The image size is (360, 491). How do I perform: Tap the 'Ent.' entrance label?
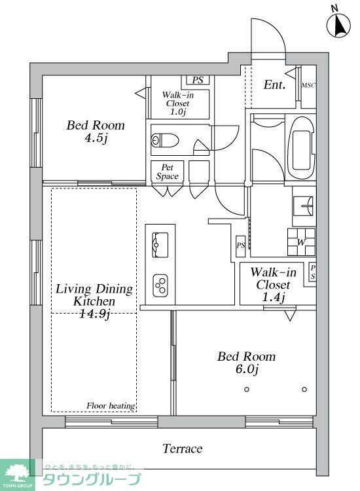[x=274, y=85]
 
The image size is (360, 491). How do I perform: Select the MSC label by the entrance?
[x=308, y=86]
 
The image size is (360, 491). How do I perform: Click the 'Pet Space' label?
[x=167, y=172]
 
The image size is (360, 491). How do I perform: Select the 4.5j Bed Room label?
[x=96, y=132]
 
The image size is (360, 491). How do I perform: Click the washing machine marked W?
[x=301, y=242]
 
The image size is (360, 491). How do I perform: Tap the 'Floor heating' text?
[x=111, y=406]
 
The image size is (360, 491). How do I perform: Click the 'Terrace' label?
[x=182, y=449]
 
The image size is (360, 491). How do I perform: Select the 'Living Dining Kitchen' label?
[x=94, y=301]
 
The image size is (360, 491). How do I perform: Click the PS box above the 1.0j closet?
[x=197, y=81]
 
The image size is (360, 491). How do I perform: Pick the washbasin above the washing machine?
[x=304, y=206]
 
